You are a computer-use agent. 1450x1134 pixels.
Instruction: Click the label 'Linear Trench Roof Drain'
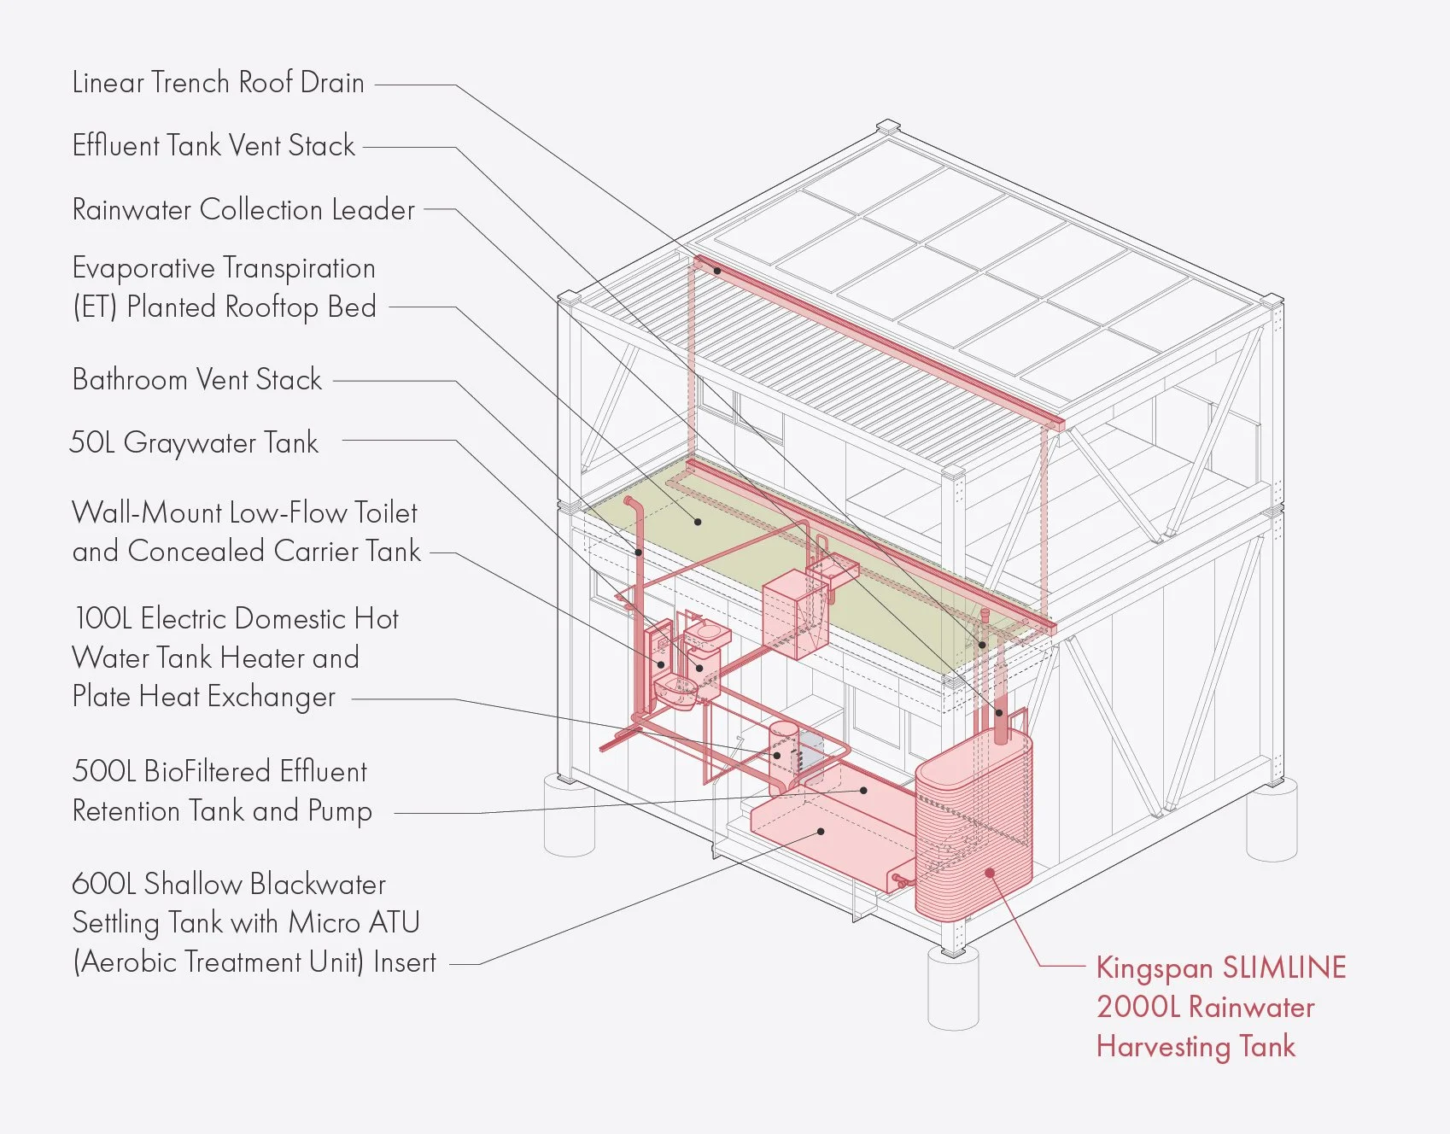tap(218, 83)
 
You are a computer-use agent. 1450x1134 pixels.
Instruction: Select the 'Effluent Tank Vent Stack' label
tap(213, 146)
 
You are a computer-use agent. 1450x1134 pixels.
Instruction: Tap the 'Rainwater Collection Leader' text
tap(243, 210)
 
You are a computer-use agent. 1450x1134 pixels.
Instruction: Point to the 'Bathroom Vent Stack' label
tap(197, 379)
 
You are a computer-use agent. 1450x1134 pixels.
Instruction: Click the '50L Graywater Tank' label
tap(194, 442)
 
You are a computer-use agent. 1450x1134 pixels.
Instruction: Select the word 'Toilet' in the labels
tap(385, 513)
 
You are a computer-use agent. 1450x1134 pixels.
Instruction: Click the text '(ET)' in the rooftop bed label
tap(94, 307)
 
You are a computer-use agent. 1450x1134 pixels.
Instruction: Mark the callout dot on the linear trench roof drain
tap(718, 271)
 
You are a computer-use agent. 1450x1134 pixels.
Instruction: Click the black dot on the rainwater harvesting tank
tap(990, 873)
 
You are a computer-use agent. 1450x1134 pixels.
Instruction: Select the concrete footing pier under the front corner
tap(953, 991)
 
